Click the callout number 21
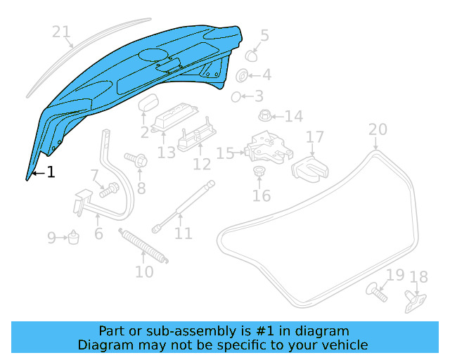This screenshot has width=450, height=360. point(62,32)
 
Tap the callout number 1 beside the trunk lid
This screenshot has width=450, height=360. point(51,172)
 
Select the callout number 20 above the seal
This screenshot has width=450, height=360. point(378,129)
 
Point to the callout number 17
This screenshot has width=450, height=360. point(314,137)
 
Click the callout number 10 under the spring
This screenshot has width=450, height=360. point(143,271)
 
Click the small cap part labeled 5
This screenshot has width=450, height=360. point(250,53)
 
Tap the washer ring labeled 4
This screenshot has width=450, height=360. point(240,75)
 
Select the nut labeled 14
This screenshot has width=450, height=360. point(266,115)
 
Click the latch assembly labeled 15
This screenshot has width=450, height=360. point(267,147)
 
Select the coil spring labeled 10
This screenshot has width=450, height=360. point(144,246)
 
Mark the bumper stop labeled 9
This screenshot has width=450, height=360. point(72,238)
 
